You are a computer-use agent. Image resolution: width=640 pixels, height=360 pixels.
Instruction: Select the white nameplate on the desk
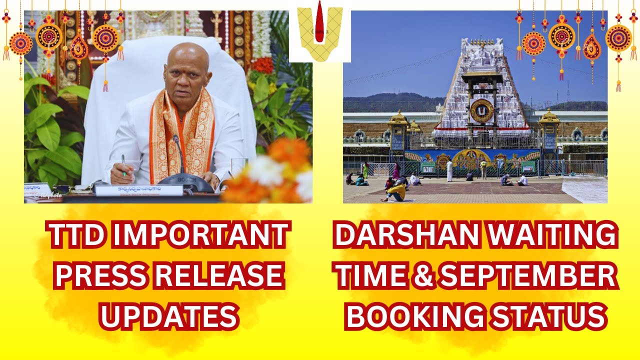click(x=139, y=190)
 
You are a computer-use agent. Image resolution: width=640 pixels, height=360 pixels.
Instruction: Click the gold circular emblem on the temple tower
click(x=481, y=110)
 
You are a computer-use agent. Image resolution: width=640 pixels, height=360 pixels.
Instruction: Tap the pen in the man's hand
click(x=123, y=165)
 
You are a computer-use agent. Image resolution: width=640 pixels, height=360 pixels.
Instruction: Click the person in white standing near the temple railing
click(x=449, y=170)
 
